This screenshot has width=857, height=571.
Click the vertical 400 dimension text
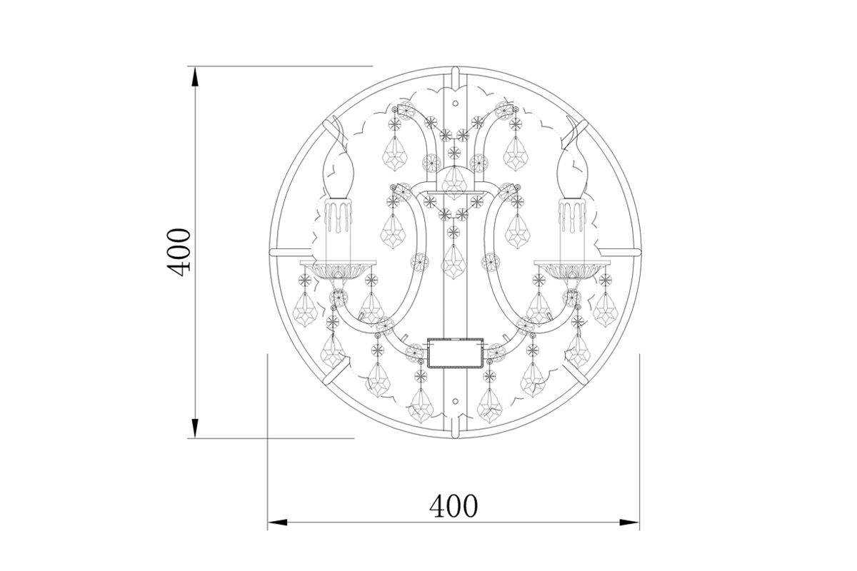(179, 252)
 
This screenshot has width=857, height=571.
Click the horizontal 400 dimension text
(453, 506)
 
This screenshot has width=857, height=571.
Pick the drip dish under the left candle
(339, 269)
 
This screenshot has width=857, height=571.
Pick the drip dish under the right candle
(571, 269)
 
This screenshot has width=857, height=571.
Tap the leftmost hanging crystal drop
(306, 308)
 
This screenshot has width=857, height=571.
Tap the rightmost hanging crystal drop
(605, 308)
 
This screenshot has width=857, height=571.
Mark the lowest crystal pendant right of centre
(489, 405)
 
